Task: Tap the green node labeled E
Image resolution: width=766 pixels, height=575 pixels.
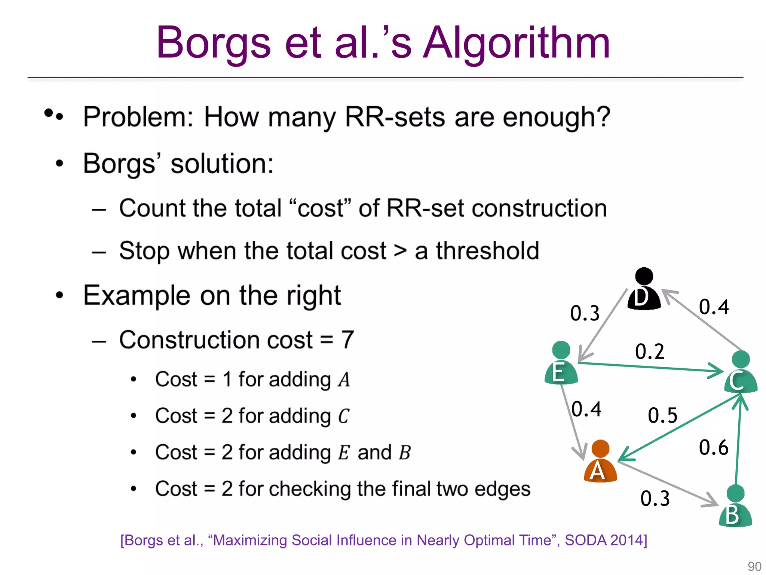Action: point(561,363)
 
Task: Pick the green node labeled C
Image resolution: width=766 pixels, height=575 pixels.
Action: point(741,372)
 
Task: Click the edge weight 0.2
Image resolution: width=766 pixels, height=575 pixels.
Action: point(650,352)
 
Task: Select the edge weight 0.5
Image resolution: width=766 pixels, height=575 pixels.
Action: point(662,416)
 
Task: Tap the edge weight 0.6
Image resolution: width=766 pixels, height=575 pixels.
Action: point(714,447)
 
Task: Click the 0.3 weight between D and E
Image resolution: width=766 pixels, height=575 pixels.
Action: point(585,313)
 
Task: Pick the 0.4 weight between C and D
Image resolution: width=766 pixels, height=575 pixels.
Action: point(714,307)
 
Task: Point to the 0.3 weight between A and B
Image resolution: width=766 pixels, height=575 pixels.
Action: point(655,499)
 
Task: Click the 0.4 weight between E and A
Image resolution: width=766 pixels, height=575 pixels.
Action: point(586,409)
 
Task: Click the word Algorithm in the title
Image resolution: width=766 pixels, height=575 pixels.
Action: point(516,43)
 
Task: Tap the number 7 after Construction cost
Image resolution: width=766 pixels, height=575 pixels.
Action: point(347,340)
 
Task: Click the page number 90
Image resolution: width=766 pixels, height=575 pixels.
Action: point(754,566)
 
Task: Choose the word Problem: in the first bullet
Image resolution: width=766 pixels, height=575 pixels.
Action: point(138,117)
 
